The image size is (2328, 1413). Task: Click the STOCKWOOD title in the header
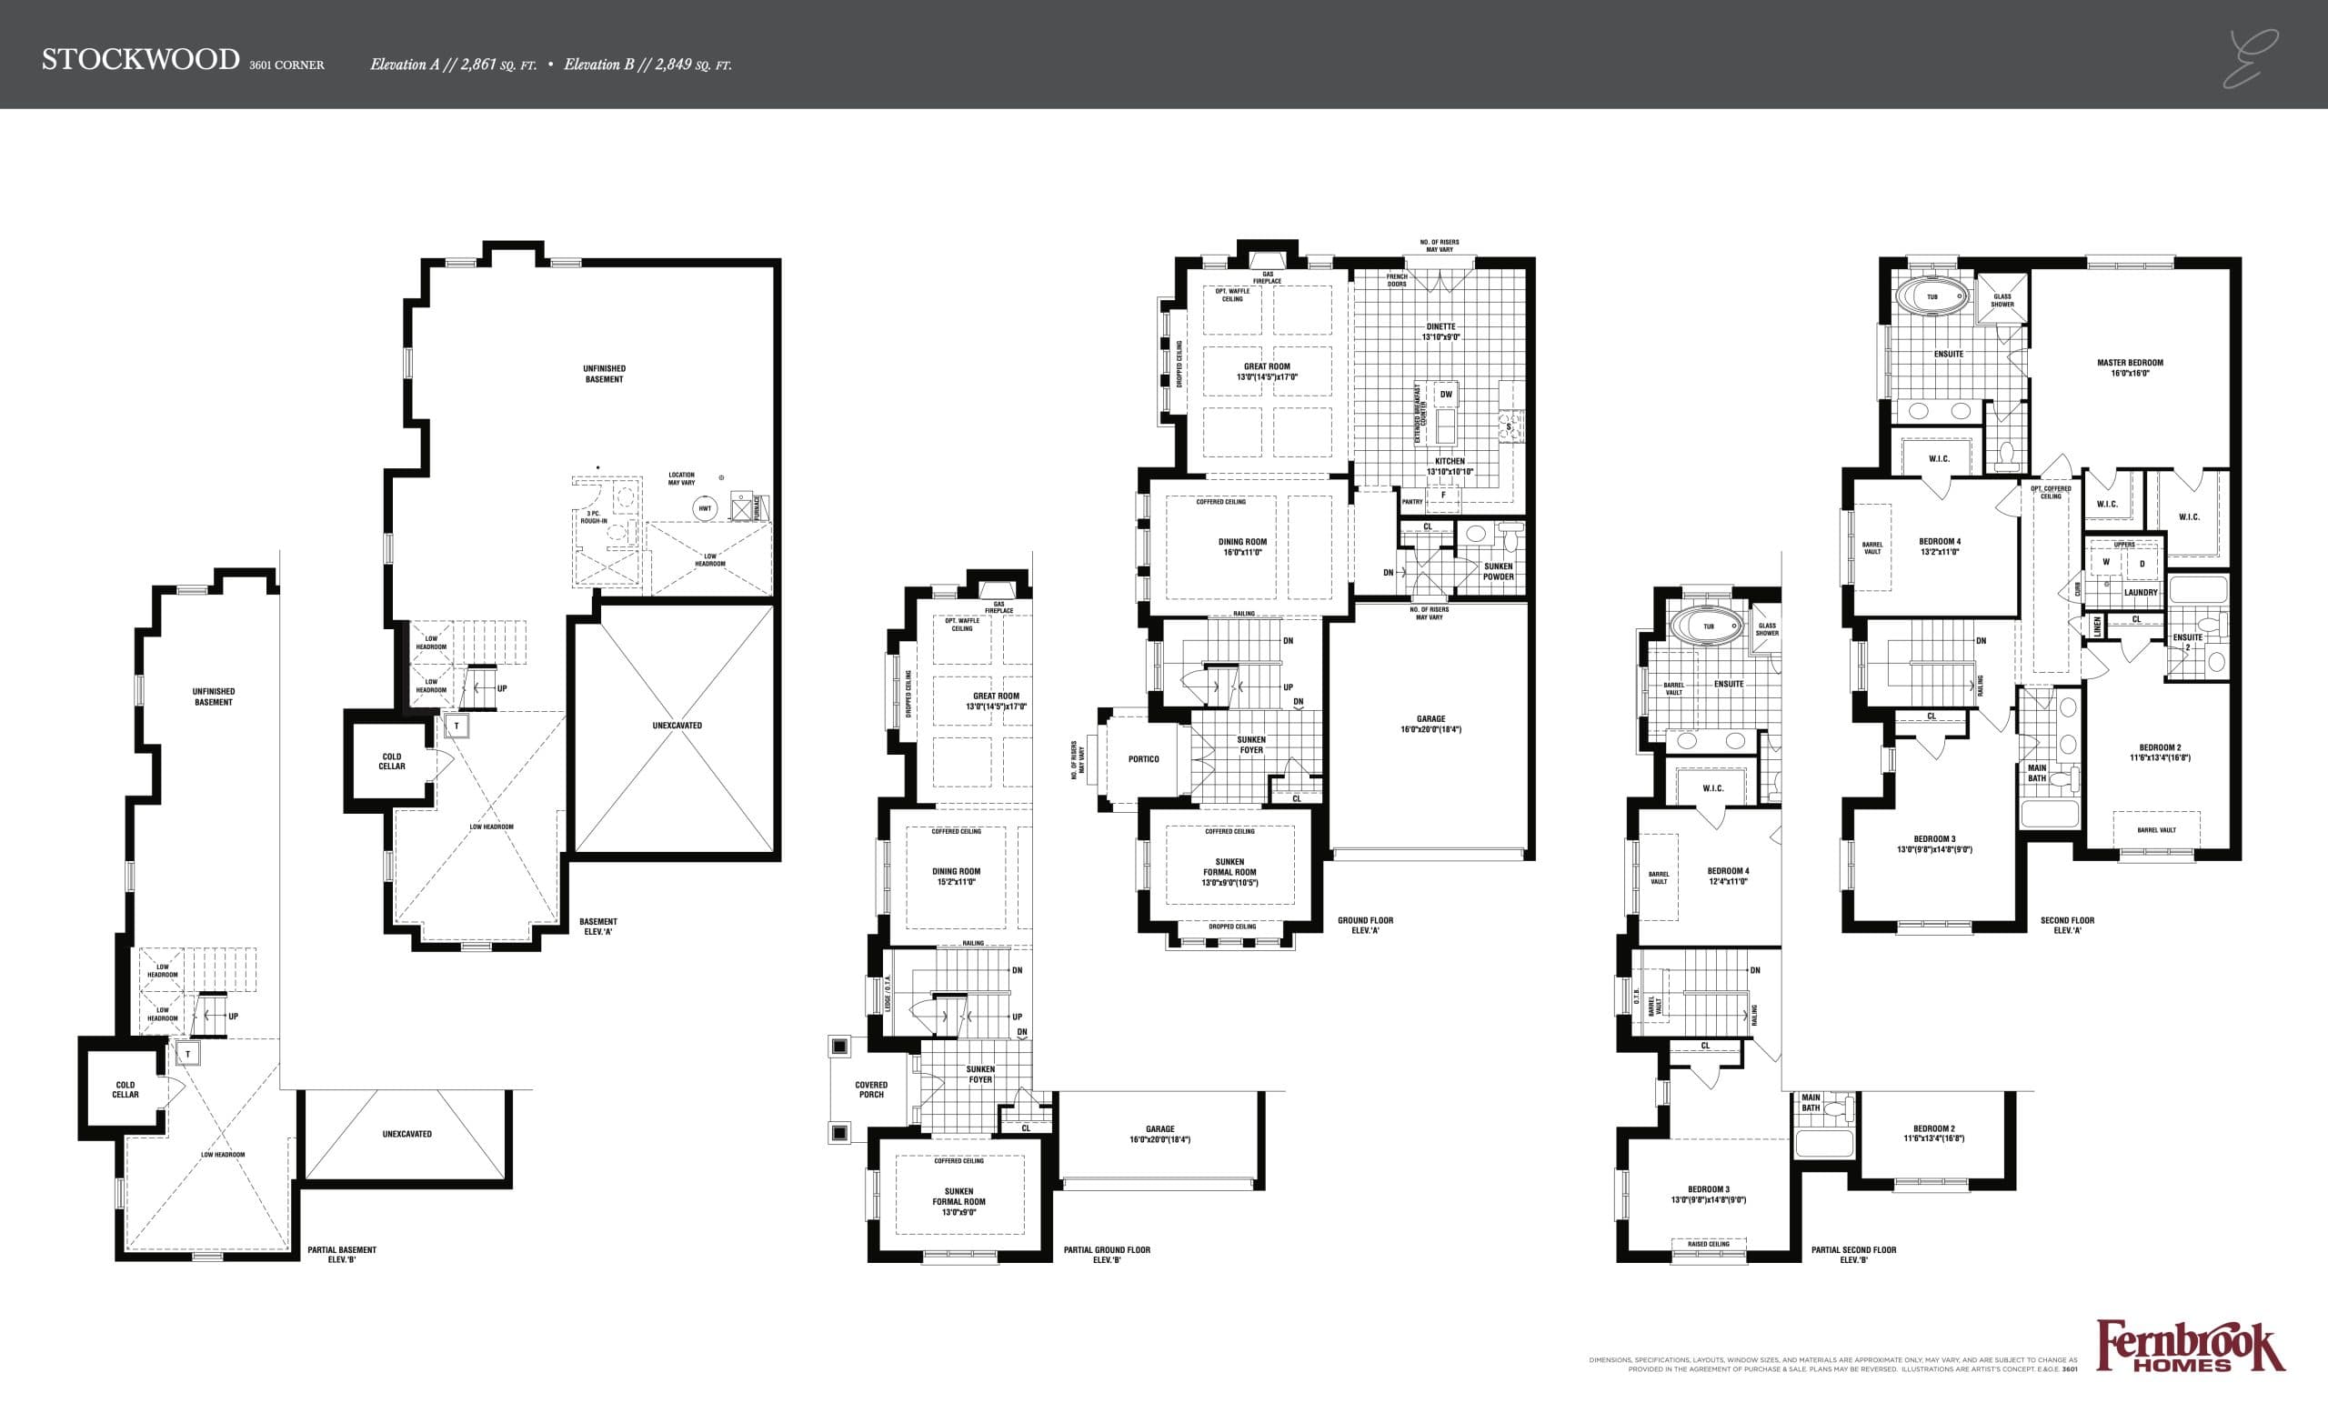pyautogui.click(x=140, y=59)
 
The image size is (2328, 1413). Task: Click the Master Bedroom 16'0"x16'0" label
pyautogui.click(x=2130, y=367)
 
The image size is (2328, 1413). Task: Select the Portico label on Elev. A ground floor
pyautogui.click(x=1143, y=759)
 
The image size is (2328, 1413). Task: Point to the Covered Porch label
pyautogui.click(x=871, y=1090)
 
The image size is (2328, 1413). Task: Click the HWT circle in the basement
pyautogui.click(x=705, y=508)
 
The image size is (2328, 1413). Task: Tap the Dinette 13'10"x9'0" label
pyautogui.click(x=1440, y=332)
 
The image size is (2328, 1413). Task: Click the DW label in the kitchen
pyautogui.click(x=1446, y=395)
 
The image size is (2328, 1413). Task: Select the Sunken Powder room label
pyautogui.click(x=1499, y=571)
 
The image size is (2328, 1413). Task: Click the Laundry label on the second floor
pyautogui.click(x=2140, y=593)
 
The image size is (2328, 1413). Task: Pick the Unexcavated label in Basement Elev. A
pyautogui.click(x=677, y=726)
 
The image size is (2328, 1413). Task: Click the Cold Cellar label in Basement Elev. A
pyautogui.click(x=392, y=761)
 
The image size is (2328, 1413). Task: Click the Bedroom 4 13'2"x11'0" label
pyautogui.click(x=1940, y=546)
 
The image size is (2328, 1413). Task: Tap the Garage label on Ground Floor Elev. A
pyautogui.click(x=1430, y=725)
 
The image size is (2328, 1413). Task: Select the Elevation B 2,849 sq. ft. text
pyautogui.click(x=647, y=65)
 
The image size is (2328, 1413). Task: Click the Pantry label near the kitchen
pyautogui.click(x=1412, y=503)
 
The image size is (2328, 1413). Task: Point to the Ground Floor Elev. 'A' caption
pyautogui.click(x=1364, y=926)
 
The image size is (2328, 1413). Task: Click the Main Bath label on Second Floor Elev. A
pyautogui.click(x=2037, y=774)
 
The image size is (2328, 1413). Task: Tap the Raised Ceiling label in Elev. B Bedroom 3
pyautogui.click(x=1708, y=1244)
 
